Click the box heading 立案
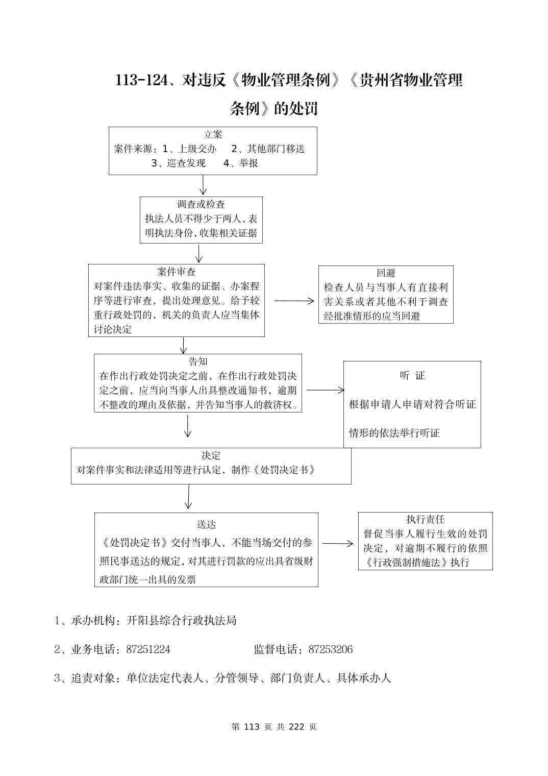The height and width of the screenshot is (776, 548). (213, 135)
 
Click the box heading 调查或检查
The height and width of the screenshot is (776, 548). (201, 205)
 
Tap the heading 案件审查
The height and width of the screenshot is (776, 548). (177, 272)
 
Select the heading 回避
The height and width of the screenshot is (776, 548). (386, 273)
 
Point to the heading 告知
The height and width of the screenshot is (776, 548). (198, 362)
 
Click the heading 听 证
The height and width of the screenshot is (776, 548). (412, 376)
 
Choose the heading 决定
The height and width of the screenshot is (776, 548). (211, 455)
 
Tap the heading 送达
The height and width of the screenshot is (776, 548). (206, 525)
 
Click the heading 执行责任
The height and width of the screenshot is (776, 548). (425, 519)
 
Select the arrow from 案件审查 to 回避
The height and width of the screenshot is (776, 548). (294, 301)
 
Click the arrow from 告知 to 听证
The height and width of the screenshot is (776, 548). (325, 390)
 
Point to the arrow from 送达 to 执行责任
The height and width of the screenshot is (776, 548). (337, 544)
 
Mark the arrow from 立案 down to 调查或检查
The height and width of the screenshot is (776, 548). (203, 185)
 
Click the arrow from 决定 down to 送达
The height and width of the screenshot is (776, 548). (188, 497)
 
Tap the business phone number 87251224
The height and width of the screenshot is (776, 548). (148, 649)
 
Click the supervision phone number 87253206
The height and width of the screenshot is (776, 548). (330, 649)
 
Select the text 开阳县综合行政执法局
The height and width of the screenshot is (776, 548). (182, 621)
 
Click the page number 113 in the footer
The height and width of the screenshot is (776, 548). (253, 726)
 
